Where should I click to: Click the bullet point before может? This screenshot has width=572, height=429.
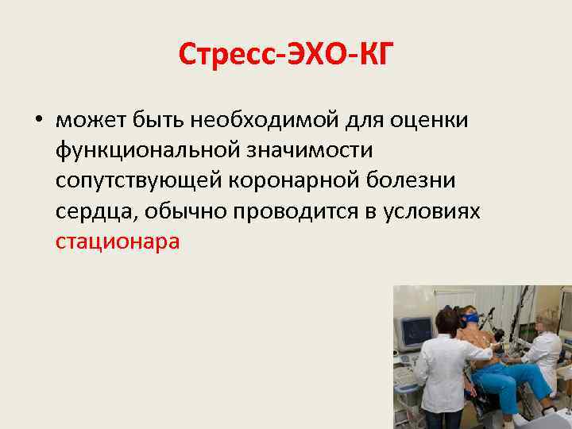38,121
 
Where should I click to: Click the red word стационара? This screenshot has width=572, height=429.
118,242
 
